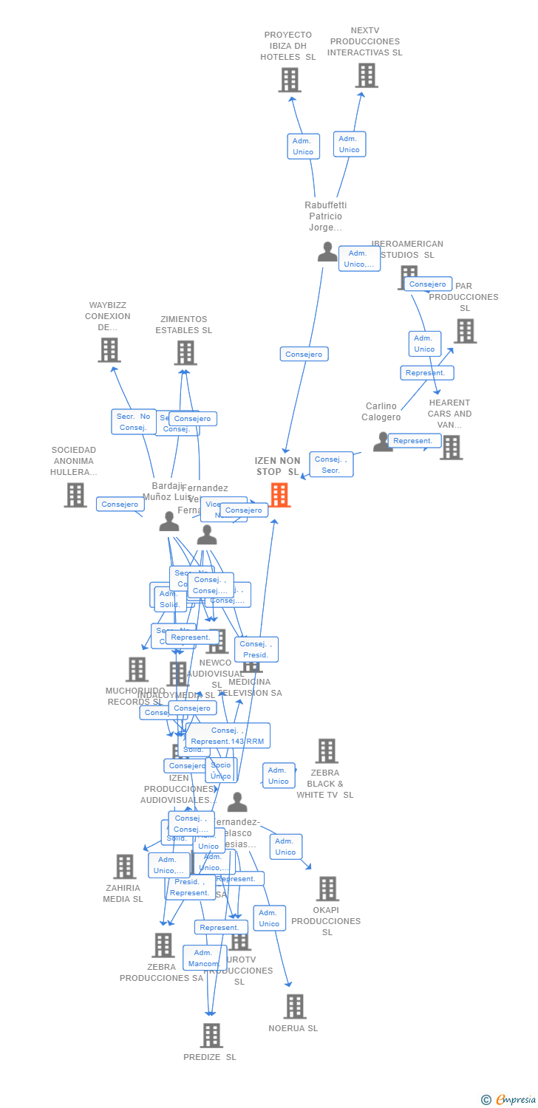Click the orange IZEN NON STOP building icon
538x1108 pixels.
(x=279, y=495)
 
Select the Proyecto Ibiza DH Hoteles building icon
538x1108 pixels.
(x=290, y=80)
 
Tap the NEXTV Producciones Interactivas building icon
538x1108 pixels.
(x=367, y=75)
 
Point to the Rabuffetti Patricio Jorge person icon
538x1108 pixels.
(x=327, y=252)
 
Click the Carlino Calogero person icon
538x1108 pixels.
(x=382, y=442)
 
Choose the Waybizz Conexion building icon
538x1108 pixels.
(x=109, y=350)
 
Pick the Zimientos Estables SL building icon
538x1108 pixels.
(x=185, y=353)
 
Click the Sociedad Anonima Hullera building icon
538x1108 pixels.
(x=75, y=495)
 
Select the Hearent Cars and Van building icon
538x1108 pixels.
(x=451, y=447)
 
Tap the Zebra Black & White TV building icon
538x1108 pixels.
(x=327, y=751)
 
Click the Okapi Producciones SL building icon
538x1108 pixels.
(x=327, y=889)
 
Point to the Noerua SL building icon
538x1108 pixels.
(x=295, y=1006)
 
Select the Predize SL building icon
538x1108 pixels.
(x=211, y=1036)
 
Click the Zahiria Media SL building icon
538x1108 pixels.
(x=125, y=866)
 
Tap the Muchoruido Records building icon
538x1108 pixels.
(x=137, y=669)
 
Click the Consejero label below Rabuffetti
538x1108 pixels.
(x=304, y=355)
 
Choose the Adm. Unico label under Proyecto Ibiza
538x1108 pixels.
(x=303, y=146)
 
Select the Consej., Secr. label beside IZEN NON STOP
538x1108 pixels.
(x=331, y=465)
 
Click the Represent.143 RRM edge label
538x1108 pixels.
(x=228, y=736)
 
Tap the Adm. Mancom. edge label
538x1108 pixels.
(x=204, y=958)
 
